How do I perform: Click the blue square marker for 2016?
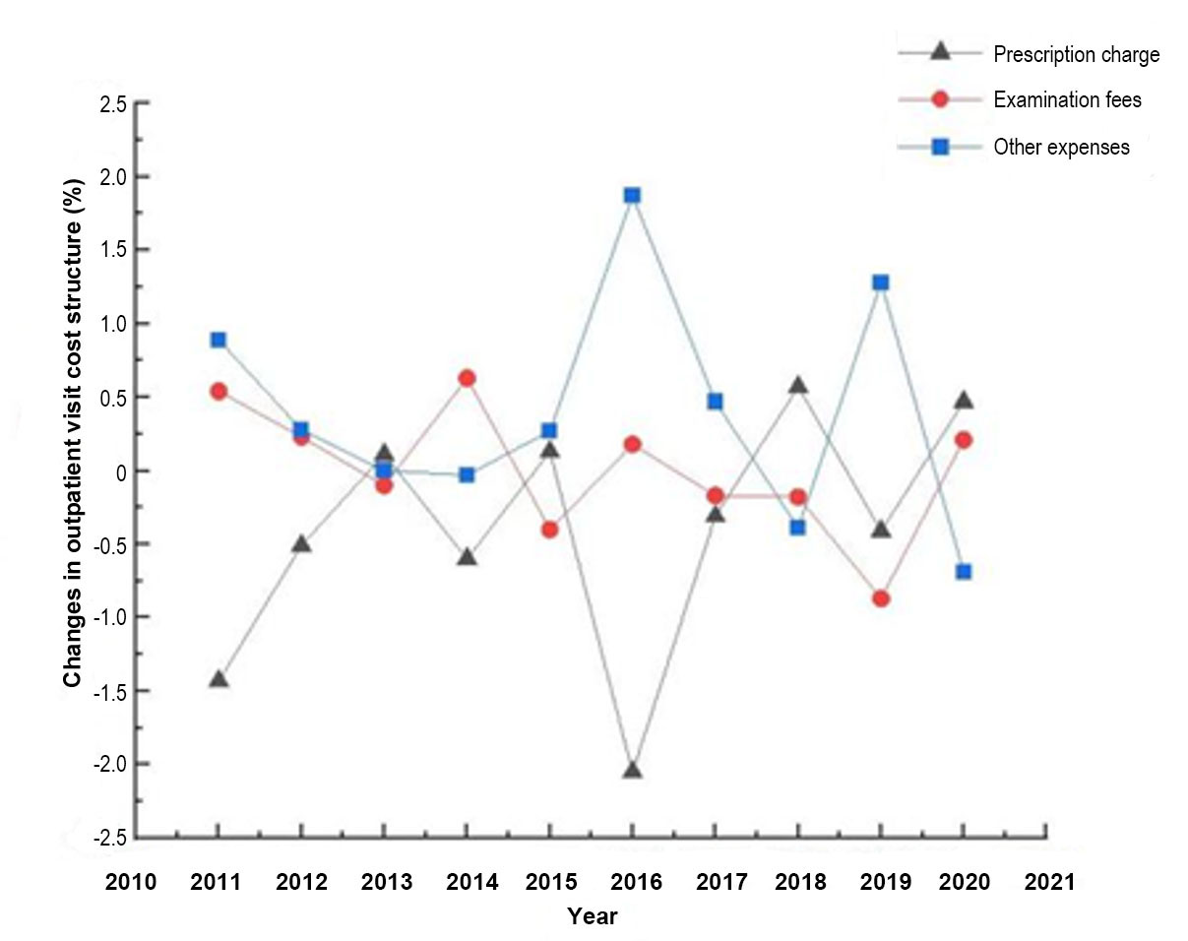point(632,195)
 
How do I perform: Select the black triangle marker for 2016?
point(632,770)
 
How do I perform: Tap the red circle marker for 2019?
point(881,598)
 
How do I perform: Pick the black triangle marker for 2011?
point(219,679)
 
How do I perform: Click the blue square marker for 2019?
point(881,282)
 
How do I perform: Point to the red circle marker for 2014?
point(467,378)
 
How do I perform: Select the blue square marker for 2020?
point(964,571)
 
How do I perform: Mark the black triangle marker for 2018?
point(798,385)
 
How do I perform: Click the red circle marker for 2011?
point(219,391)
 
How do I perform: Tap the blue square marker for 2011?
point(219,340)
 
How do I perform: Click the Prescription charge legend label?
point(1076,55)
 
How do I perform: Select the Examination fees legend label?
point(1067,99)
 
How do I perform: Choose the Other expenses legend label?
point(1061,148)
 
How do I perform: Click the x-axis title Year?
point(592,916)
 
